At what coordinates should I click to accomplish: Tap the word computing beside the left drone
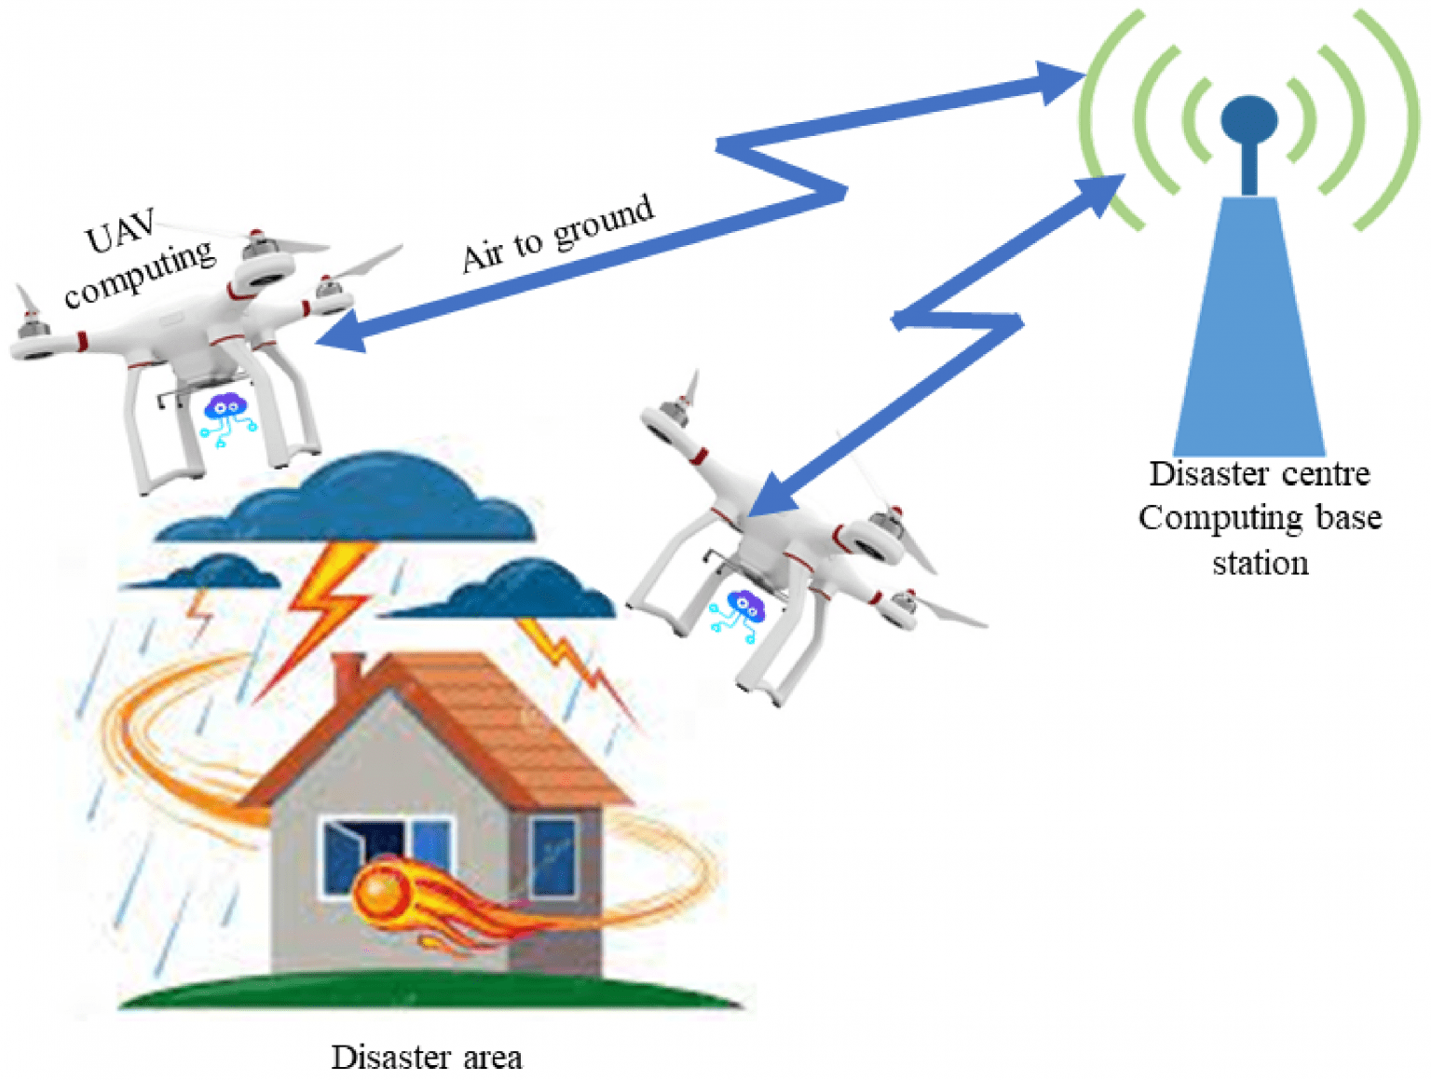(140, 273)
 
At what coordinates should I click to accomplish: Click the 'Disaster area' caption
(427, 1058)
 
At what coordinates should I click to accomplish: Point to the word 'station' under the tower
(1260, 563)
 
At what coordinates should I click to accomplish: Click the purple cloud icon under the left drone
(225, 407)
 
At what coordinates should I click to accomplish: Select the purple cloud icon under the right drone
(744, 607)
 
